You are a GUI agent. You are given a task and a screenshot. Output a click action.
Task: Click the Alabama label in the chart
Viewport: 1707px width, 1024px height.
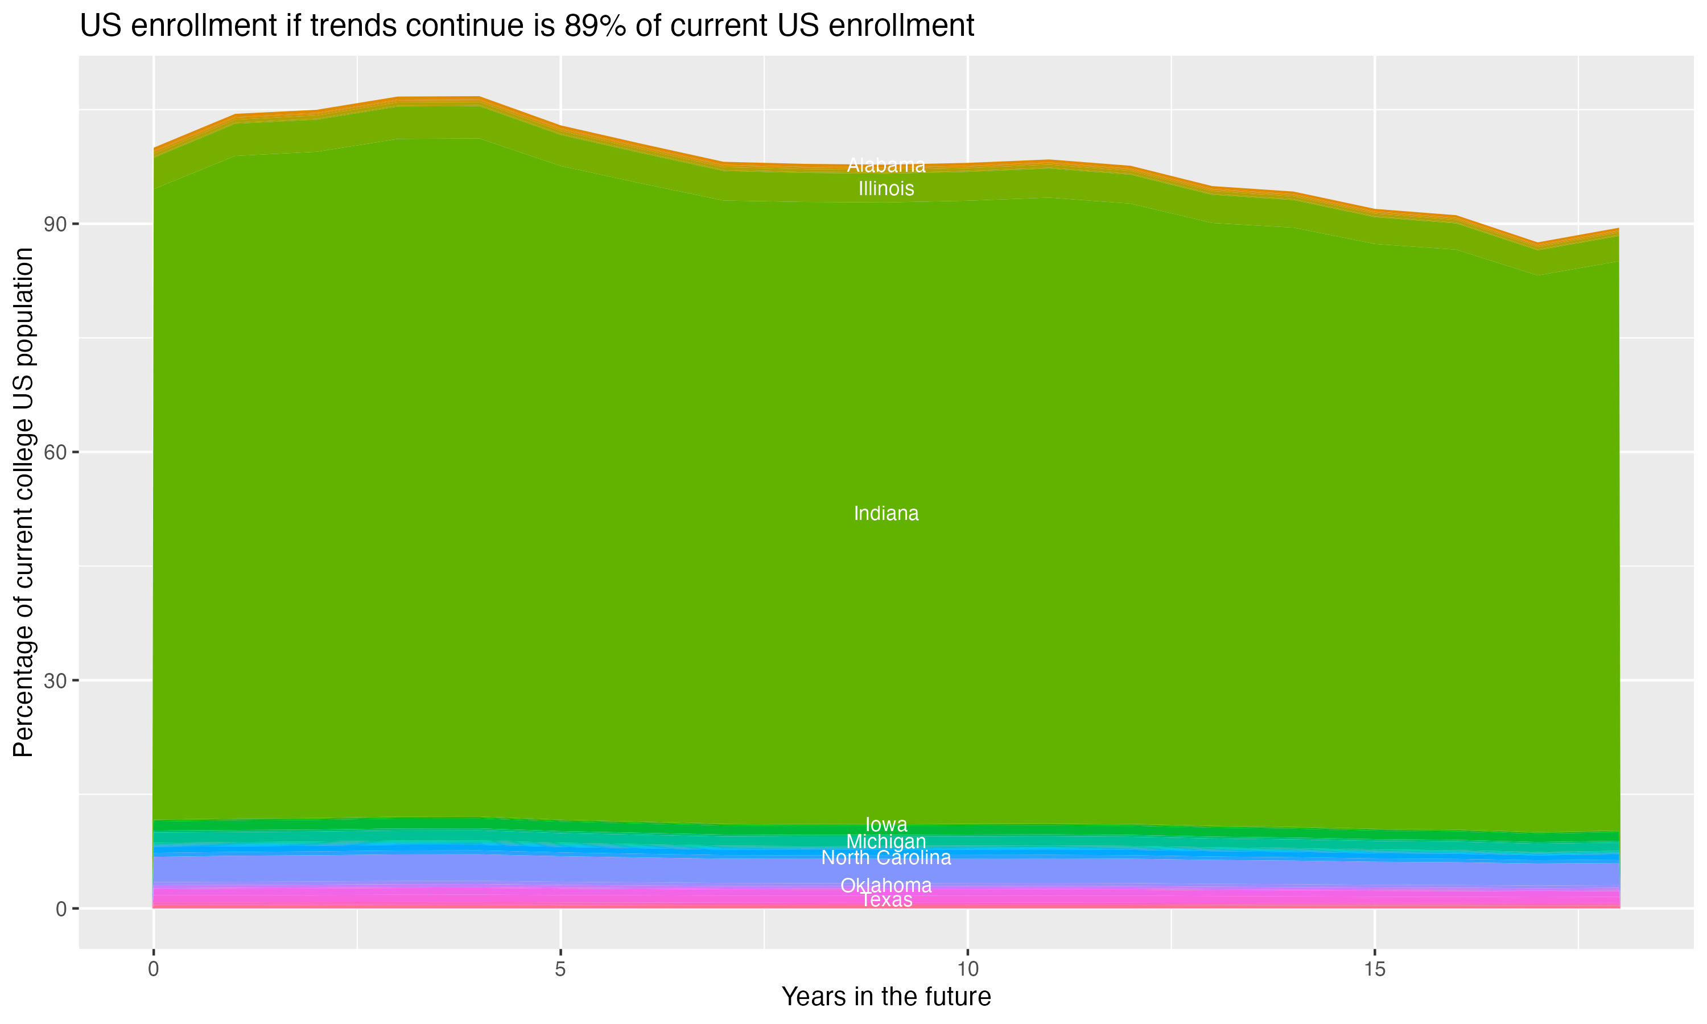886,166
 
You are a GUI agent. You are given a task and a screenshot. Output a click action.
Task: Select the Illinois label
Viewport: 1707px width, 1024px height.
886,188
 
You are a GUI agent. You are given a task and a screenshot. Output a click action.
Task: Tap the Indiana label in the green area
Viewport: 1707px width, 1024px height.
886,513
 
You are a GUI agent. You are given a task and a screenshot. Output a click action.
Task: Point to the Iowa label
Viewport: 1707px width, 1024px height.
886,824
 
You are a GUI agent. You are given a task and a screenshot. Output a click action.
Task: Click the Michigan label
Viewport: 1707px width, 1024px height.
886,842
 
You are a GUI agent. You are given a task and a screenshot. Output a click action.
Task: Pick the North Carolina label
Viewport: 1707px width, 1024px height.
886,858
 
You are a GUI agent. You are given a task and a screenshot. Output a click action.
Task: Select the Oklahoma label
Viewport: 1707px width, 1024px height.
886,885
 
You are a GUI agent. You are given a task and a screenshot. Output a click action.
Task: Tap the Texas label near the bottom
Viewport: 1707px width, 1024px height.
886,900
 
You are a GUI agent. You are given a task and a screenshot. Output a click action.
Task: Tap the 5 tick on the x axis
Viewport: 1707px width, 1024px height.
560,969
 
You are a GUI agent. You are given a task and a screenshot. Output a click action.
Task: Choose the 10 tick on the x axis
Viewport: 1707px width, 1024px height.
967,969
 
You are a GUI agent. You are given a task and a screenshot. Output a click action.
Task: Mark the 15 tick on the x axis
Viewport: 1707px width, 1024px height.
1375,969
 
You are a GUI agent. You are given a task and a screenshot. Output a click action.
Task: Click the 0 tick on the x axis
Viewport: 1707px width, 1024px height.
153,969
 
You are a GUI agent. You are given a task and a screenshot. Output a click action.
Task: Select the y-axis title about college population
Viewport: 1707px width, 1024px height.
23,502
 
